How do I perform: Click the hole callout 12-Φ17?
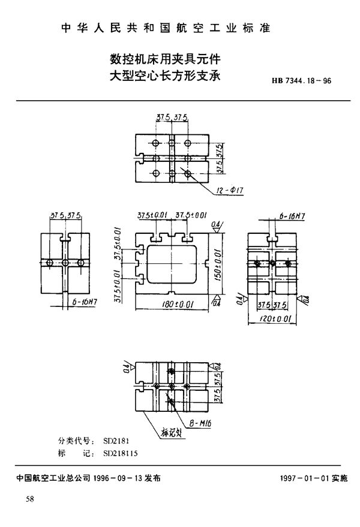[x=231, y=191]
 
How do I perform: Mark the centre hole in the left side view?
[x=65, y=263]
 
